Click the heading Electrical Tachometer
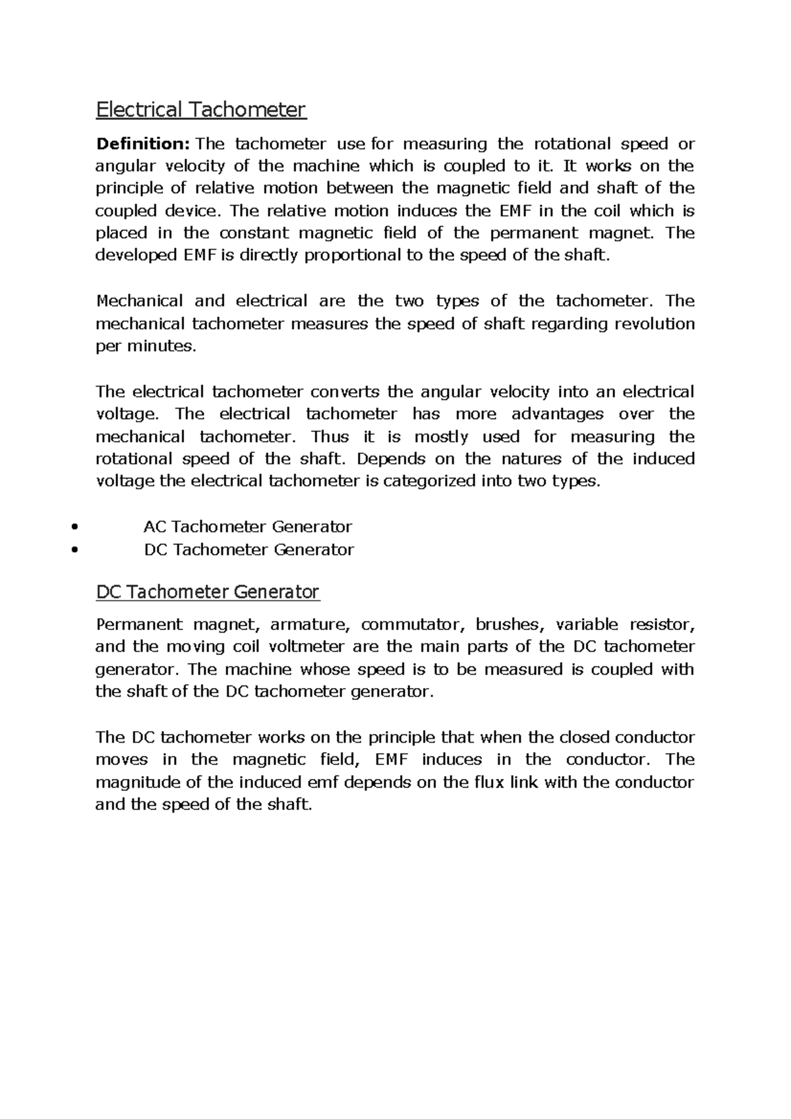coord(201,109)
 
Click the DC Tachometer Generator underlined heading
coord(208,592)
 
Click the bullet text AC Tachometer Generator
coord(248,527)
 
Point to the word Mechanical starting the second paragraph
coord(139,301)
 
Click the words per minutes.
coord(146,347)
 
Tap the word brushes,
coord(511,625)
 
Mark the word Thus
coord(326,437)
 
